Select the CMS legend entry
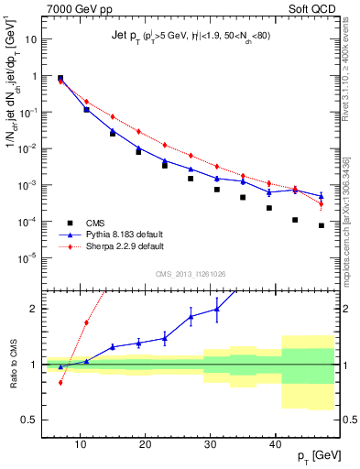[x=101, y=223]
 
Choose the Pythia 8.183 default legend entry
[x=125, y=234]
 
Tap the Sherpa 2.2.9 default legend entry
[x=125, y=246]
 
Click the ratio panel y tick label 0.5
[x=29, y=420]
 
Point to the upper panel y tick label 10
[x=30, y=40]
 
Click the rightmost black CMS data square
[x=321, y=225]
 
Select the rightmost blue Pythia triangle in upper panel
[x=321, y=195]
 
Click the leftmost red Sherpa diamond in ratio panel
[x=60, y=382]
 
